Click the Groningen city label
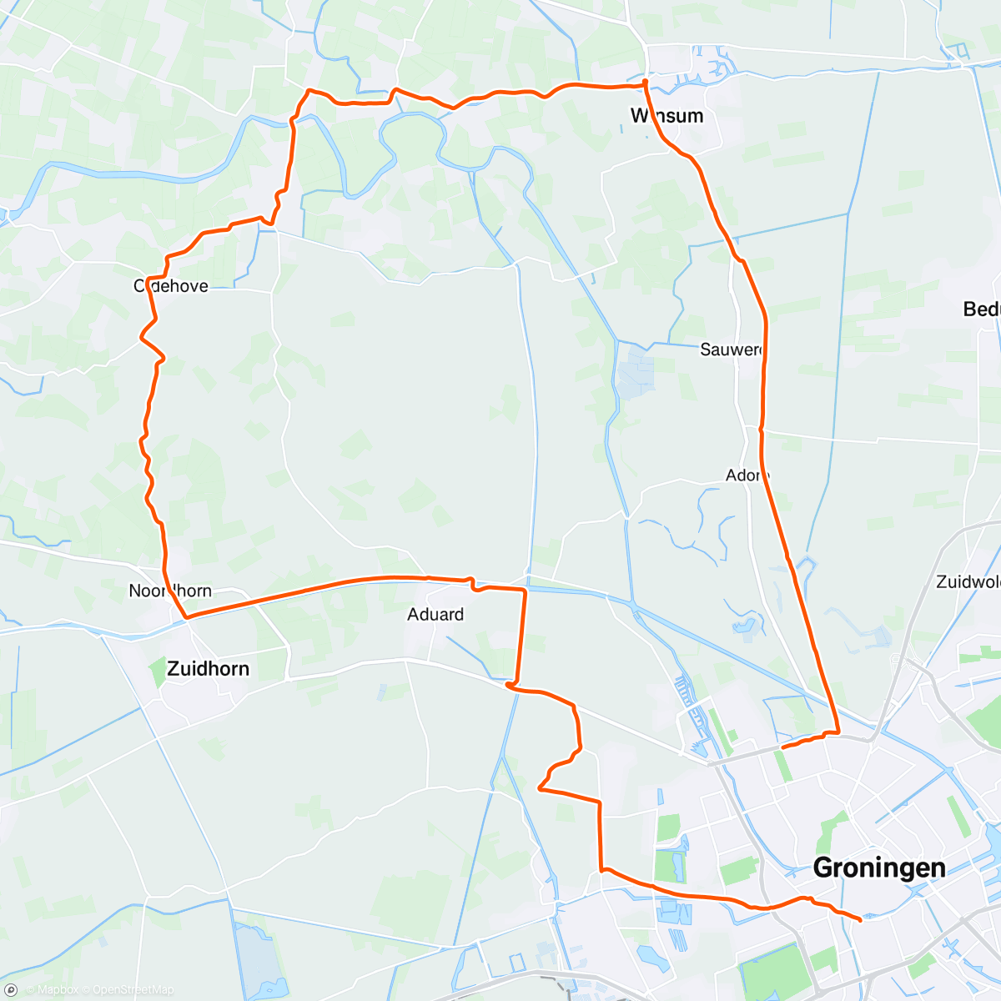click(878, 868)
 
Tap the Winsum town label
click(666, 115)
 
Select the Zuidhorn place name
click(208, 668)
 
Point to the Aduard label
click(435, 615)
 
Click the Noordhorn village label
click(170, 591)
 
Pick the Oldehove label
click(171, 286)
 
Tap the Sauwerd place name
click(732, 350)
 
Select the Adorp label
click(747, 475)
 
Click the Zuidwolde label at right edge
click(968, 581)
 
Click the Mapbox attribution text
click(52, 990)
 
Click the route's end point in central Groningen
click(860, 919)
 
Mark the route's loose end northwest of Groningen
click(782, 747)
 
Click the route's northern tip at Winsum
click(645, 81)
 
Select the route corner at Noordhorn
click(187, 617)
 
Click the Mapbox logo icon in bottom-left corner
click(11, 990)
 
